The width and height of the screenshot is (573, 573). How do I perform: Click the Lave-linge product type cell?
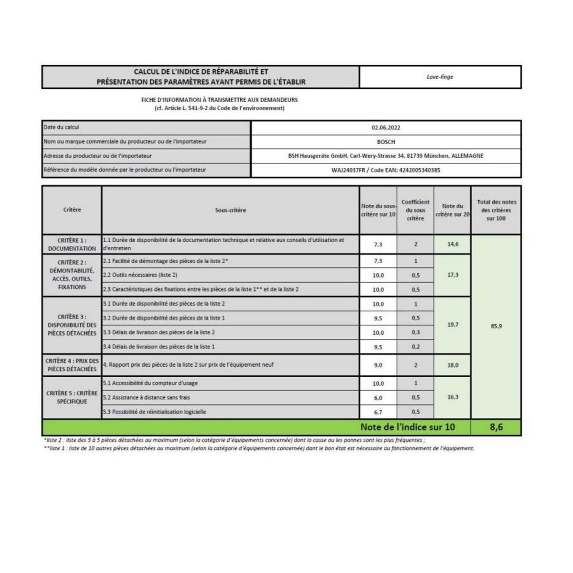point(440,77)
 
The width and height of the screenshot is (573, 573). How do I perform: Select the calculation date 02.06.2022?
point(386,127)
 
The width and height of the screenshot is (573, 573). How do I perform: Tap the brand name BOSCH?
point(386,142)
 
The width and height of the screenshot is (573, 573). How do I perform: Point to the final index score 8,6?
point(496,427)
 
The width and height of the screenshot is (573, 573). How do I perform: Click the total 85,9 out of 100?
point(496,327)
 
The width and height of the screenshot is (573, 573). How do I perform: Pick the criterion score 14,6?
point(453,244)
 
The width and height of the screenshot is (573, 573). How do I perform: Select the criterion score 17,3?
point(453,275)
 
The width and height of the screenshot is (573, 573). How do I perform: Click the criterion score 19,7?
point(453,325)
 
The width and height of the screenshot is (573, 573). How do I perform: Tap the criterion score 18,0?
point(453,365)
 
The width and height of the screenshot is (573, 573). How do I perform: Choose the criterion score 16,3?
point(453,397)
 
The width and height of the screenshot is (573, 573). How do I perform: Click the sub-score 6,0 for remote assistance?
point(378,397)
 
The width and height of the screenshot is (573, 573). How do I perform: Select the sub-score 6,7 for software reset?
point(378,412)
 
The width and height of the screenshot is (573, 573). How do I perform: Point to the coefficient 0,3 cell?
point(415,332)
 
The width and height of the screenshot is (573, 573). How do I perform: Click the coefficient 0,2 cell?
point(415,347)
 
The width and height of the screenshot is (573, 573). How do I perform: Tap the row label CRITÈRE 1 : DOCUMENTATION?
point(72,244)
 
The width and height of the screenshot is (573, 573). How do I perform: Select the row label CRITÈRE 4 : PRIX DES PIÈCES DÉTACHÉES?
point(72,365)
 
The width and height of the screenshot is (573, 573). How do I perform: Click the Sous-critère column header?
point(231,210)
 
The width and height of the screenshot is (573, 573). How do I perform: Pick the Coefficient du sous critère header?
point(415,210)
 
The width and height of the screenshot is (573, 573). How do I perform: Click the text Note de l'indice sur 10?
point(407,427)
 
